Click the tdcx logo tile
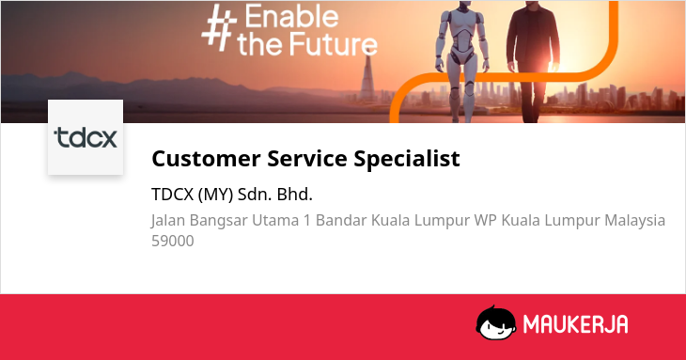86,137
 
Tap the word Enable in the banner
291,17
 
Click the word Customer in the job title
206,158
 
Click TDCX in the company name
172,195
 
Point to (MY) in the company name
215,195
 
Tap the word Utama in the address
275,220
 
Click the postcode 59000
172,241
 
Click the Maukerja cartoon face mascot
495,322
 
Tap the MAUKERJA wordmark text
576,324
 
